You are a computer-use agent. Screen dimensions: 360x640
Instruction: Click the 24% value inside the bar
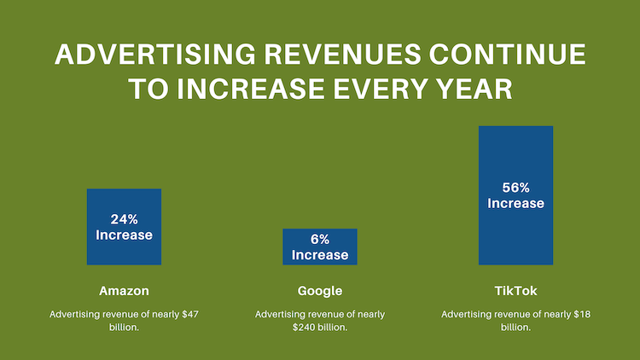124,218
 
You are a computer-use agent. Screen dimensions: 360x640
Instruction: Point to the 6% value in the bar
320,240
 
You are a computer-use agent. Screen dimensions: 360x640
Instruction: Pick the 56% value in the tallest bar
515,188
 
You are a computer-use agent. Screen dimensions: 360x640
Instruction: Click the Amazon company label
124,291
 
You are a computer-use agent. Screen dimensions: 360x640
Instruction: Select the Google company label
320,291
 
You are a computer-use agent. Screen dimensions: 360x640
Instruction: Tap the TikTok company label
515,291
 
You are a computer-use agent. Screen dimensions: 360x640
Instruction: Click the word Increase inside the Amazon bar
124,235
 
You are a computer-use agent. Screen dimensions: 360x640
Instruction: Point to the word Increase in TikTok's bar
515,203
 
